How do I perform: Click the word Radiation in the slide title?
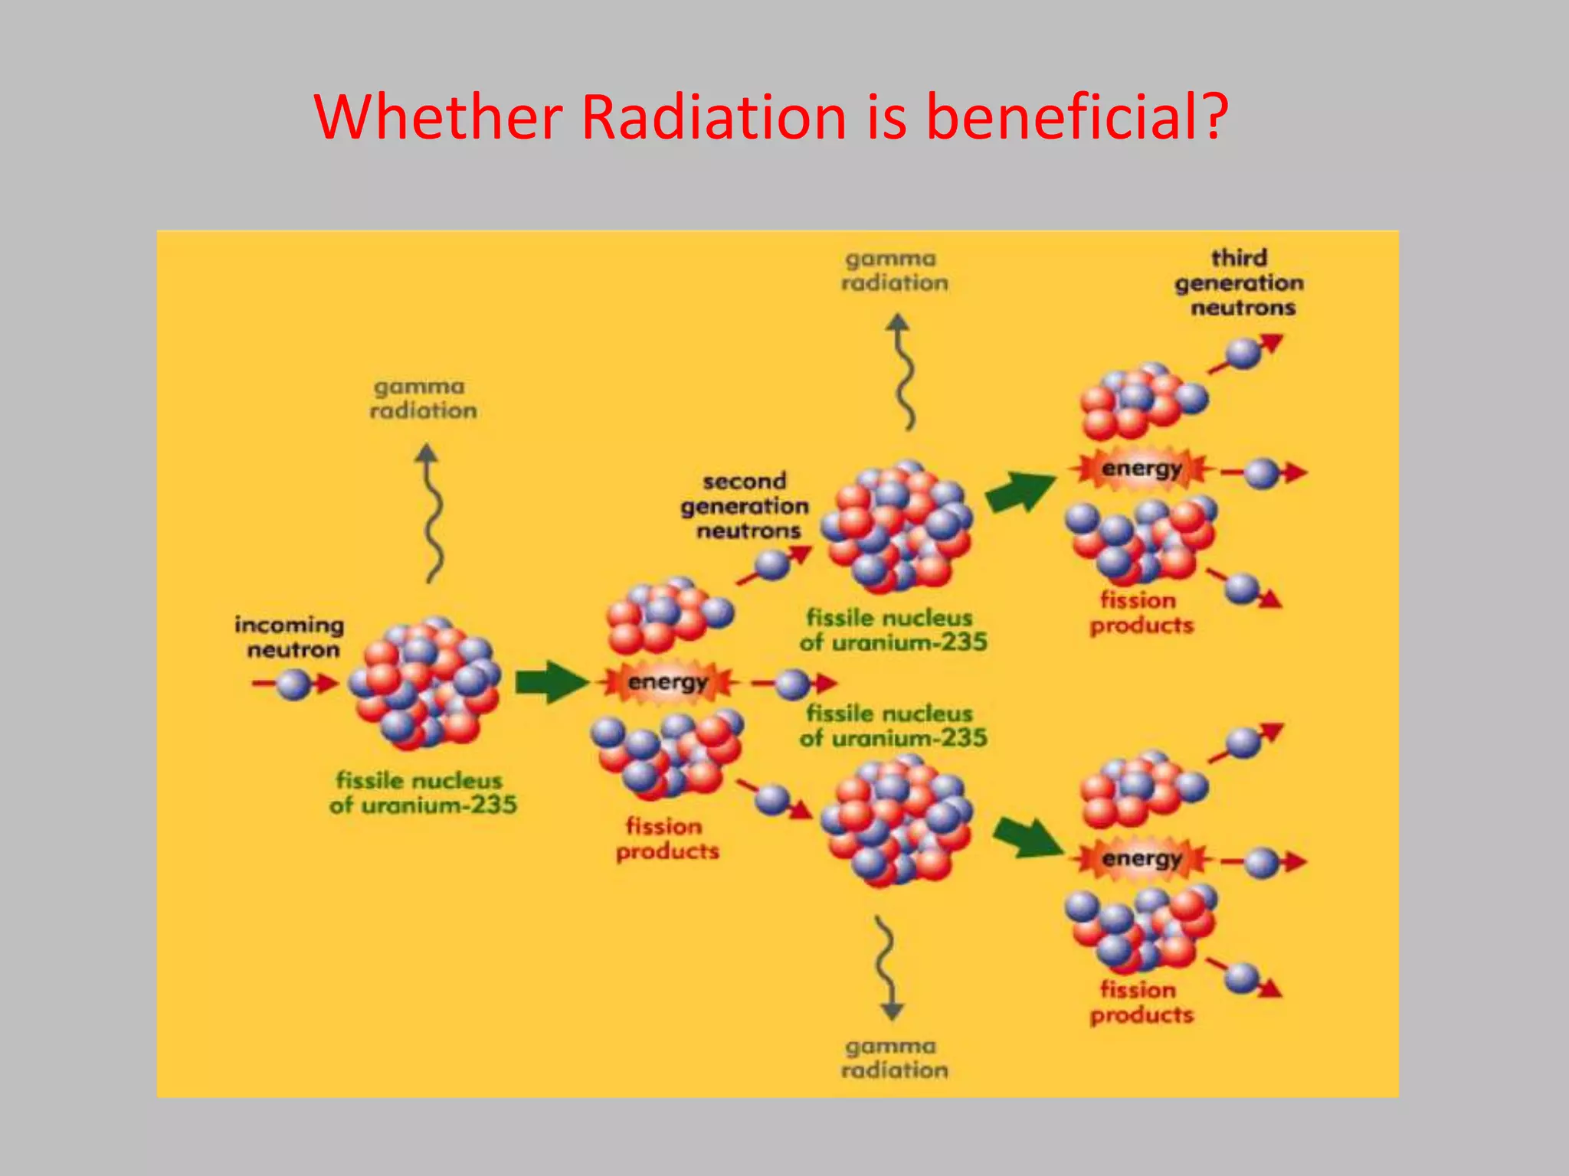point(713,116)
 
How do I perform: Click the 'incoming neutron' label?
point(290,637)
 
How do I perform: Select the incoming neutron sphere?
point(293,684)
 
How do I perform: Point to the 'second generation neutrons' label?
point(745,506)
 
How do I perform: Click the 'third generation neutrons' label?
point(1240,283)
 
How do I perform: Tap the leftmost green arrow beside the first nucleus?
point(550,681)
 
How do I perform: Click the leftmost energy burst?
point(668,681)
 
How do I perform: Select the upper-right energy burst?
point(1142,469)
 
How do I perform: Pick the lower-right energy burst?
point(1142,859)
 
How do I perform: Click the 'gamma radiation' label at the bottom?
point(894,1058)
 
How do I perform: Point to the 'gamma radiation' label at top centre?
point(894,271)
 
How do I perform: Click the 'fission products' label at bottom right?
point(1142,1002)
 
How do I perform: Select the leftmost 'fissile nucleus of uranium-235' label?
point(423,792)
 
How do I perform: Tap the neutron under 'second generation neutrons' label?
point(772,565)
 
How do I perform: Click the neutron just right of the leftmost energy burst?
point(793,684)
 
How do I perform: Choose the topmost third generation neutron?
point(1243,353)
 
